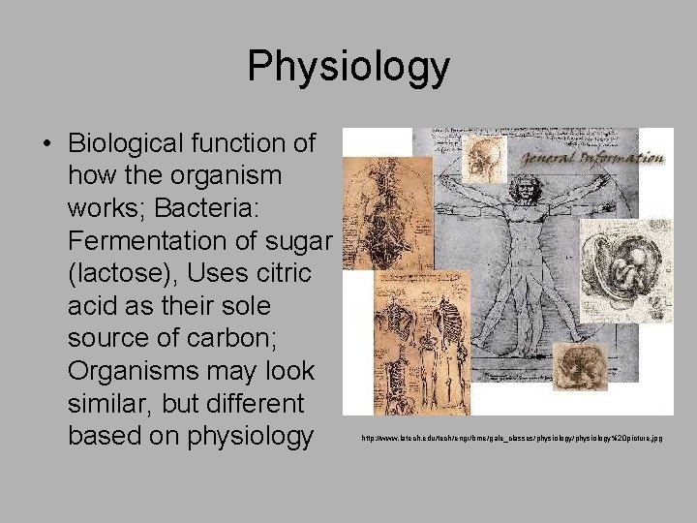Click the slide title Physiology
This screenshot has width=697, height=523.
click(348, 67)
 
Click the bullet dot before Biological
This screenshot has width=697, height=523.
click(45, 144)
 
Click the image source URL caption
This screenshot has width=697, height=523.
click(512, 439)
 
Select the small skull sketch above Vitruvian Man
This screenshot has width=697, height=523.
click(482, 155)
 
